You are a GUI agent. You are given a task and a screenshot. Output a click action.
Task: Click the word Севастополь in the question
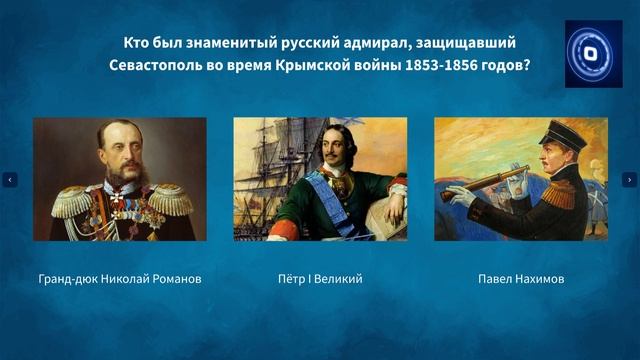pyautogui.click(x=155, y=66)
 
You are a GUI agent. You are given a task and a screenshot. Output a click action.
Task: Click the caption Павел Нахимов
pyautogui.click(x=520, y=279)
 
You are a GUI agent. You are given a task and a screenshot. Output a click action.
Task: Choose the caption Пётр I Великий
pyautogui.click(x=320, y=279)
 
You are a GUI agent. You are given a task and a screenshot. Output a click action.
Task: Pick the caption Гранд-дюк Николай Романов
pyautogui.click(x=120, y=279)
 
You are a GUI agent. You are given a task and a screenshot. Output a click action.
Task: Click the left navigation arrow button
pyautogui.click(x=10, y=180)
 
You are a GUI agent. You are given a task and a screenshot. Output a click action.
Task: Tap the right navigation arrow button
pyautogui.click(x=629, y=180)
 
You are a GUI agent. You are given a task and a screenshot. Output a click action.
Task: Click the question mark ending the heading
pyautogui.click(x=526, y=66)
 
